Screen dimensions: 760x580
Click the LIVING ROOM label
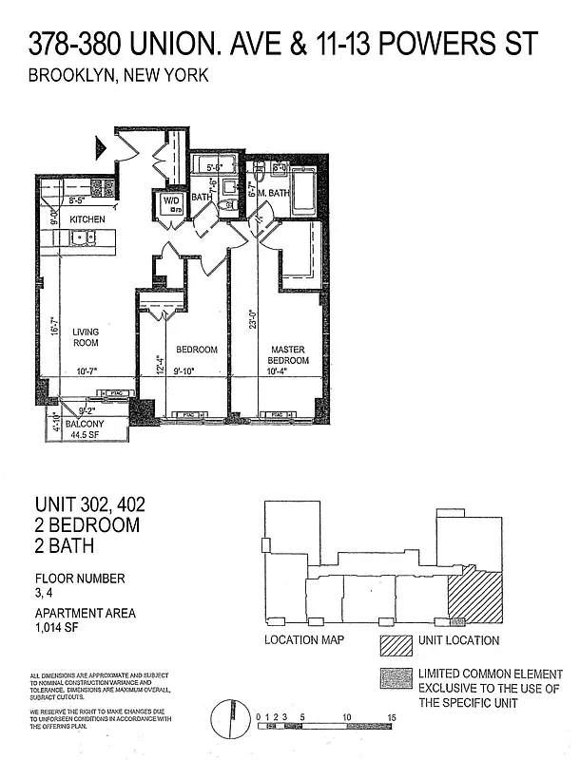(x=86, y=336)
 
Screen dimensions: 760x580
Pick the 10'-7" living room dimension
(x=87, y=373)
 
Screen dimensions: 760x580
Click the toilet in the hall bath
(x=226, y=204)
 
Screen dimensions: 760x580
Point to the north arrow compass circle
(x=227, y=716)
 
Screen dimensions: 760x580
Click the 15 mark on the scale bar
(x=390, y=716)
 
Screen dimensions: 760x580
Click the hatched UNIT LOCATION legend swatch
(x=392, y=641)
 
